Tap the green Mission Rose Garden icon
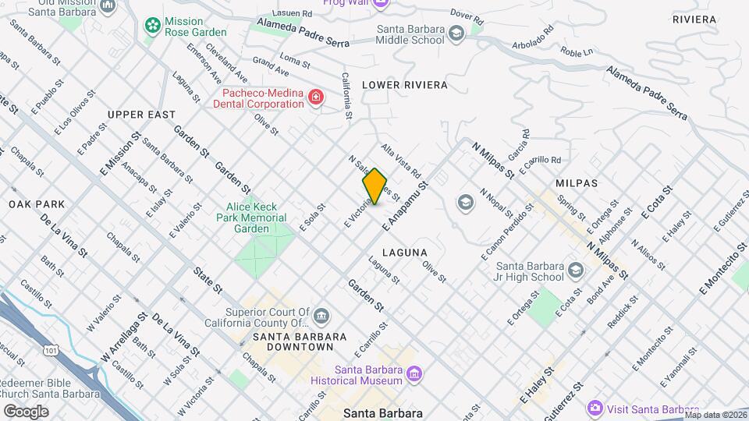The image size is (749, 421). click(151, 26)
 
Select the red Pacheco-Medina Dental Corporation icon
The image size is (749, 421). click(316, 97)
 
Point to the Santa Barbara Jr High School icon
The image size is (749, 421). click(576, 271)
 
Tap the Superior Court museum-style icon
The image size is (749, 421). click(321, 317)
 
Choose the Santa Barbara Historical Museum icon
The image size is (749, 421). click(414, 375)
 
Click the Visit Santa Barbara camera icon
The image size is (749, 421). click(595, 408)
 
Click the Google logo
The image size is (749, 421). click(26, 411)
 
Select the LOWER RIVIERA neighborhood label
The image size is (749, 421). click(405, 84)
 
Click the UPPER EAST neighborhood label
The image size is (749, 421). click(142, 115)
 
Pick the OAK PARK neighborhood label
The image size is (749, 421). click(37, 204)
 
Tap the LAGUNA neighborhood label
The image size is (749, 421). click(405, 252)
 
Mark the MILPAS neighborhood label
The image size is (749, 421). click(576, 182)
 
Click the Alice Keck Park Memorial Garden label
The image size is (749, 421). click(257, 218)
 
